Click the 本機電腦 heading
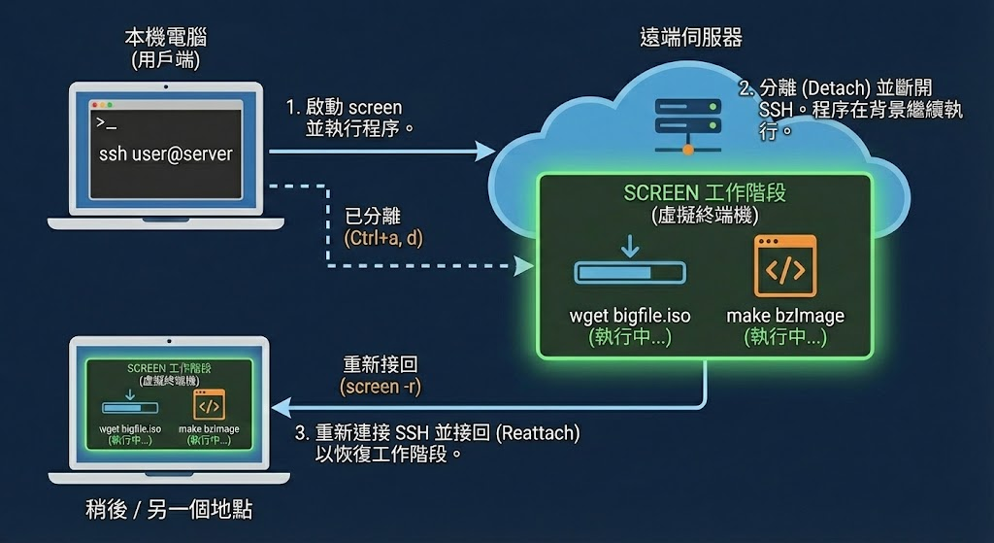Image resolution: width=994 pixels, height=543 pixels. click(165, 39)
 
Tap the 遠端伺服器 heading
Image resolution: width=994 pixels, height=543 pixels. click(691, 38)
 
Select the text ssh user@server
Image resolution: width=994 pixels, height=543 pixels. click(165, 154)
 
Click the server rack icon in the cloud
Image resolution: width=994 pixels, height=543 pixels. click(687, 121)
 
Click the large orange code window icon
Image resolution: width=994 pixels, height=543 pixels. click(785, 265)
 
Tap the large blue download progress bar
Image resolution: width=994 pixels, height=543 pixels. click(630, 273)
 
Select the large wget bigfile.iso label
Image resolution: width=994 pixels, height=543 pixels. click(630, 316)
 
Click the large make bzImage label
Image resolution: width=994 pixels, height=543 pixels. click(785, 316)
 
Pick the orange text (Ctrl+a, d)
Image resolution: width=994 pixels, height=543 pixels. click(384, 237)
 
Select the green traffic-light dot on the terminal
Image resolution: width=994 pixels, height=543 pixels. click(110, 104)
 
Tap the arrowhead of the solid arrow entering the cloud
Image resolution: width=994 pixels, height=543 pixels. click(484, 151)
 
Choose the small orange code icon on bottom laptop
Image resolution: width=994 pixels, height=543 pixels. click(209, 404)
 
